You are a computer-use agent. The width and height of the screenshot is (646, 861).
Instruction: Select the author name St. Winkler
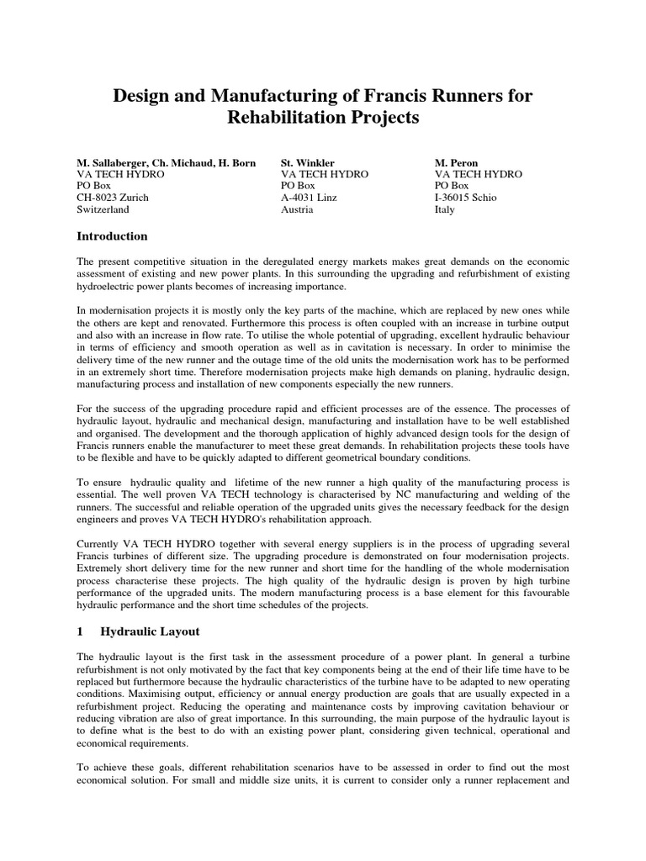tap(309, 162)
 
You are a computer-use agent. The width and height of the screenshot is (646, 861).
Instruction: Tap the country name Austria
tap(297, 209)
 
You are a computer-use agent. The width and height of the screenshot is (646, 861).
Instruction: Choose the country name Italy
tap(445, 209)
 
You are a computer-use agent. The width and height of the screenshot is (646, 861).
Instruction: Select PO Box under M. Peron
tap(452, 186)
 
